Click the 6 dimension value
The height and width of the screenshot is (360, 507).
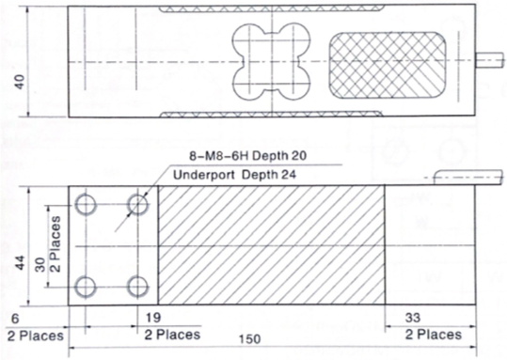click(12, 318)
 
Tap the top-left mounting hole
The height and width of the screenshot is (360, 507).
click(87, 204)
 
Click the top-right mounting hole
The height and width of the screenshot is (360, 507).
click(139, 204)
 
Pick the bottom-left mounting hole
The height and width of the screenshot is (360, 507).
click(87, 285)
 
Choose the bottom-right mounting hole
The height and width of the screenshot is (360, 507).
click(139, 285)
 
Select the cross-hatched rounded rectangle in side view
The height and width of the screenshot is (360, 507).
click(386, 63)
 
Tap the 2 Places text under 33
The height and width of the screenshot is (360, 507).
click(434, 334)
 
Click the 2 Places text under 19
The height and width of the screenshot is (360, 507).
click(173, 334)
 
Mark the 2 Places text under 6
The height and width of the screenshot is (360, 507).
click(35, 334)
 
